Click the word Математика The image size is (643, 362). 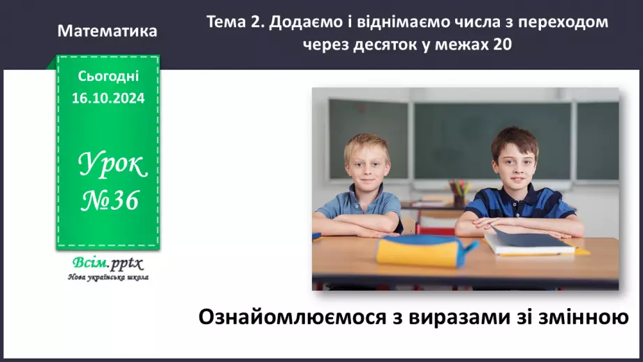point(108,31)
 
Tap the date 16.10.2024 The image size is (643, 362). point(108,99)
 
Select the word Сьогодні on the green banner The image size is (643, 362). point(108,76)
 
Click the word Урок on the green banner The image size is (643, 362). point(112,165)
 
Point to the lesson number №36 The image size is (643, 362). point(111,201)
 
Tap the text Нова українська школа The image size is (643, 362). point(108,277)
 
